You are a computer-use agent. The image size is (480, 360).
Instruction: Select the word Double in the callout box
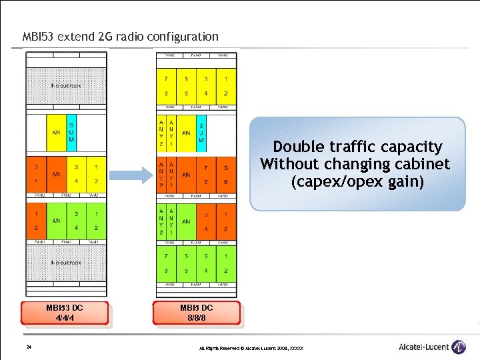click(296, 147)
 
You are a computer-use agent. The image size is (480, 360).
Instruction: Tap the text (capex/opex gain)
click(357, 181)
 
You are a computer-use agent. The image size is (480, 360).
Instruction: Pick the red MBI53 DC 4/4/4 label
click(64, 313)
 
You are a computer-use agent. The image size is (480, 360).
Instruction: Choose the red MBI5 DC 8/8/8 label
click(197, 313)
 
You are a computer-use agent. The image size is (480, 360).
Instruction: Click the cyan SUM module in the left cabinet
click(71, 133)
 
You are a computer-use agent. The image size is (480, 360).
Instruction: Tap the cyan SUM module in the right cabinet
click(201, 133)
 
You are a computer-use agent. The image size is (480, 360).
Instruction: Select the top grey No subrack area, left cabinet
click(66, 86)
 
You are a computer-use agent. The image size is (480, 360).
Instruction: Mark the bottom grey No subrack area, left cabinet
click(66, 263)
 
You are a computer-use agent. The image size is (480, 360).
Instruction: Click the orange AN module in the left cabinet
click(56, 174)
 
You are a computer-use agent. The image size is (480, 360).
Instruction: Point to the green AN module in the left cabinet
click(56, 221)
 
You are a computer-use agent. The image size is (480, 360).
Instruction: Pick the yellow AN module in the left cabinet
click(56, 133)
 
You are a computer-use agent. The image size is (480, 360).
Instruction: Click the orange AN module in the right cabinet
click(186, 174)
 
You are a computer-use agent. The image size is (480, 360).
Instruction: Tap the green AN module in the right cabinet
click(186, 221)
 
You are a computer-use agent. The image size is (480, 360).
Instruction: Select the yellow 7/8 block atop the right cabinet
click(166, 86)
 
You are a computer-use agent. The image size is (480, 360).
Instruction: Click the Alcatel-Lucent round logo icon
click(459, 347)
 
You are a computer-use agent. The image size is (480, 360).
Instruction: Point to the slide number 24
click(29, 347)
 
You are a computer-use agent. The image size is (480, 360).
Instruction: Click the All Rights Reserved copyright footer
click(251, 349)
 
